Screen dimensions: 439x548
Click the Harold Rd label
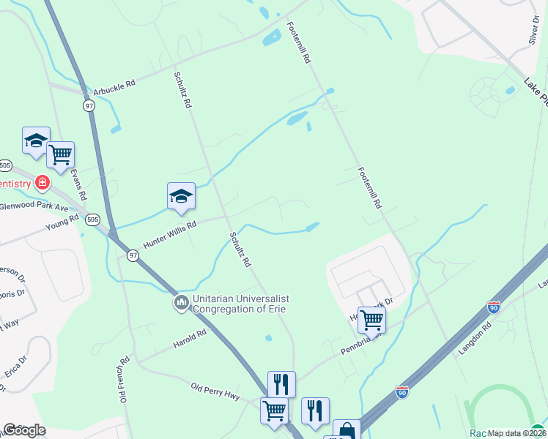[190, 339]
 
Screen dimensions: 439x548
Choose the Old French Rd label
[125, 379]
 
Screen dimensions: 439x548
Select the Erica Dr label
[15, 369]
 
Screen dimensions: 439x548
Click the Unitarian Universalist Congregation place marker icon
[181, 301]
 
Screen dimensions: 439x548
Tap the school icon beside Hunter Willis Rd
[181, 196]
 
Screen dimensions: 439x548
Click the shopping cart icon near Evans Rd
[60, 154]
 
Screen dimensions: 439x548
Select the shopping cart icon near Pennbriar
[371, 319]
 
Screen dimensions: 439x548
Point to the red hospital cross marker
[42, 182]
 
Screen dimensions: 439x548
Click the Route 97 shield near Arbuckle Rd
[89, 105]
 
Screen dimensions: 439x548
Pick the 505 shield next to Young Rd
[92, 219]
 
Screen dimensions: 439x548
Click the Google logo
[25, 430]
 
